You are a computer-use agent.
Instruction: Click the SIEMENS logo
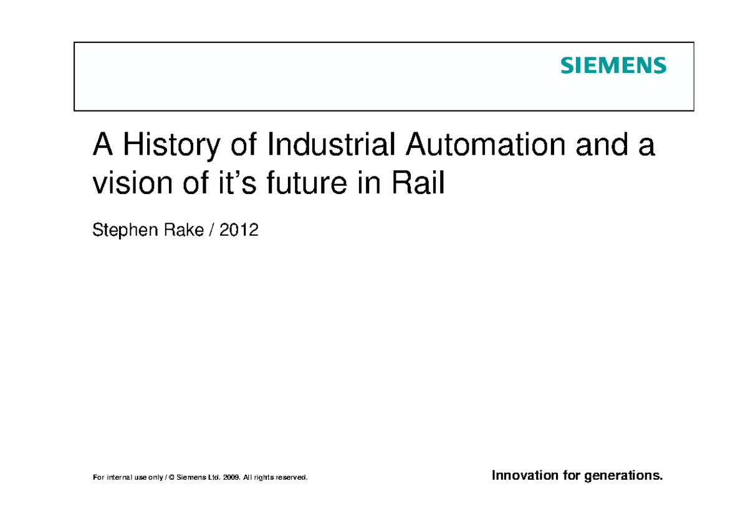tap(613, 66)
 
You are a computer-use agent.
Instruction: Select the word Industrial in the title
tap(331, 146)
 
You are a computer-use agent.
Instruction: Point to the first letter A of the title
tap(102, 146)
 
